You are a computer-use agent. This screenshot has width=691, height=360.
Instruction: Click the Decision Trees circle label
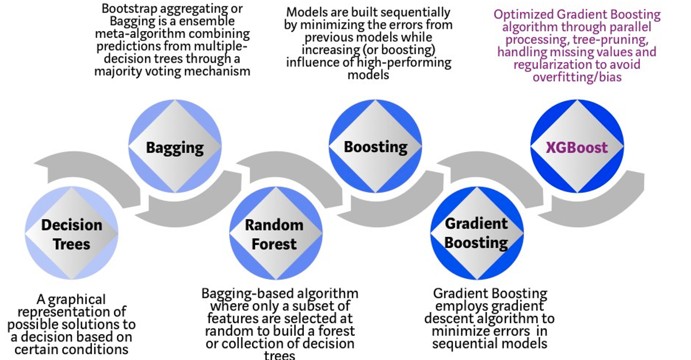click(71, 234)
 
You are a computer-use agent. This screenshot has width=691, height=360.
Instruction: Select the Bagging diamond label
click(175, 148)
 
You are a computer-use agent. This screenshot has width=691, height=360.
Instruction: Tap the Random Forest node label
click(274, 234)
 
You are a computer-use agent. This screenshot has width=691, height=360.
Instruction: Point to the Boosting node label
click(375, 147)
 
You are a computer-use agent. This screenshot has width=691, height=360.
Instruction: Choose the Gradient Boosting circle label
click(476, 233)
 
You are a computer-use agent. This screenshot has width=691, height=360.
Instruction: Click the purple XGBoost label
click(577, 148)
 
